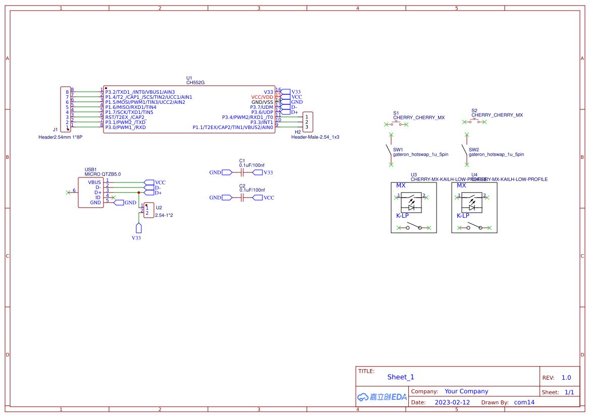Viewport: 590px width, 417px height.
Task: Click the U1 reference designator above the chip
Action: (x=189, y=78)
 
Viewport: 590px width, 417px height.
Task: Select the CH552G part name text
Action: (x=195, y=83)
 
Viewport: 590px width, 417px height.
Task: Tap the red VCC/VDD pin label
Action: (x=262, y=97)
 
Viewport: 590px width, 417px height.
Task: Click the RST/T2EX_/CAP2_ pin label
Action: (x=126, y=117)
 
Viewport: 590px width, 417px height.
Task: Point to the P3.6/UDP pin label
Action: (x=262, y=112)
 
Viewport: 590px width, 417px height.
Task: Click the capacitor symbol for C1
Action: (x=242, y=172)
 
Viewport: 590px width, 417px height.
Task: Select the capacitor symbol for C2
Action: (x=242, y=198)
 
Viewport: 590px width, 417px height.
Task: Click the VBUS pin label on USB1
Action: (x=94, y=183)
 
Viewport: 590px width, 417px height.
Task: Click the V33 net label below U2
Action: (x=136, y=237)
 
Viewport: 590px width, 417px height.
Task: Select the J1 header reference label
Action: (x=56, y=130)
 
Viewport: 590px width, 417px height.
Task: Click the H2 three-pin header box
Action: (x=307, y=122)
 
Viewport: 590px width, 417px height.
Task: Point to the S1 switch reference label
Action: (x=396, y=113)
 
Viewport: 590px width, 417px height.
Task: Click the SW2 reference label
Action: (x=474, y=150)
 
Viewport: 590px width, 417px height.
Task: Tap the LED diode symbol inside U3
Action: (x=411, y=207)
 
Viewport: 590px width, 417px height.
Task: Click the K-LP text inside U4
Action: (x=463, y=216)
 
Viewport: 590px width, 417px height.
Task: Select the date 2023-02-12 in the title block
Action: (x=452, y=402)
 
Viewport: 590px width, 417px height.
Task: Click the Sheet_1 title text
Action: (x=401, y=377)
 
